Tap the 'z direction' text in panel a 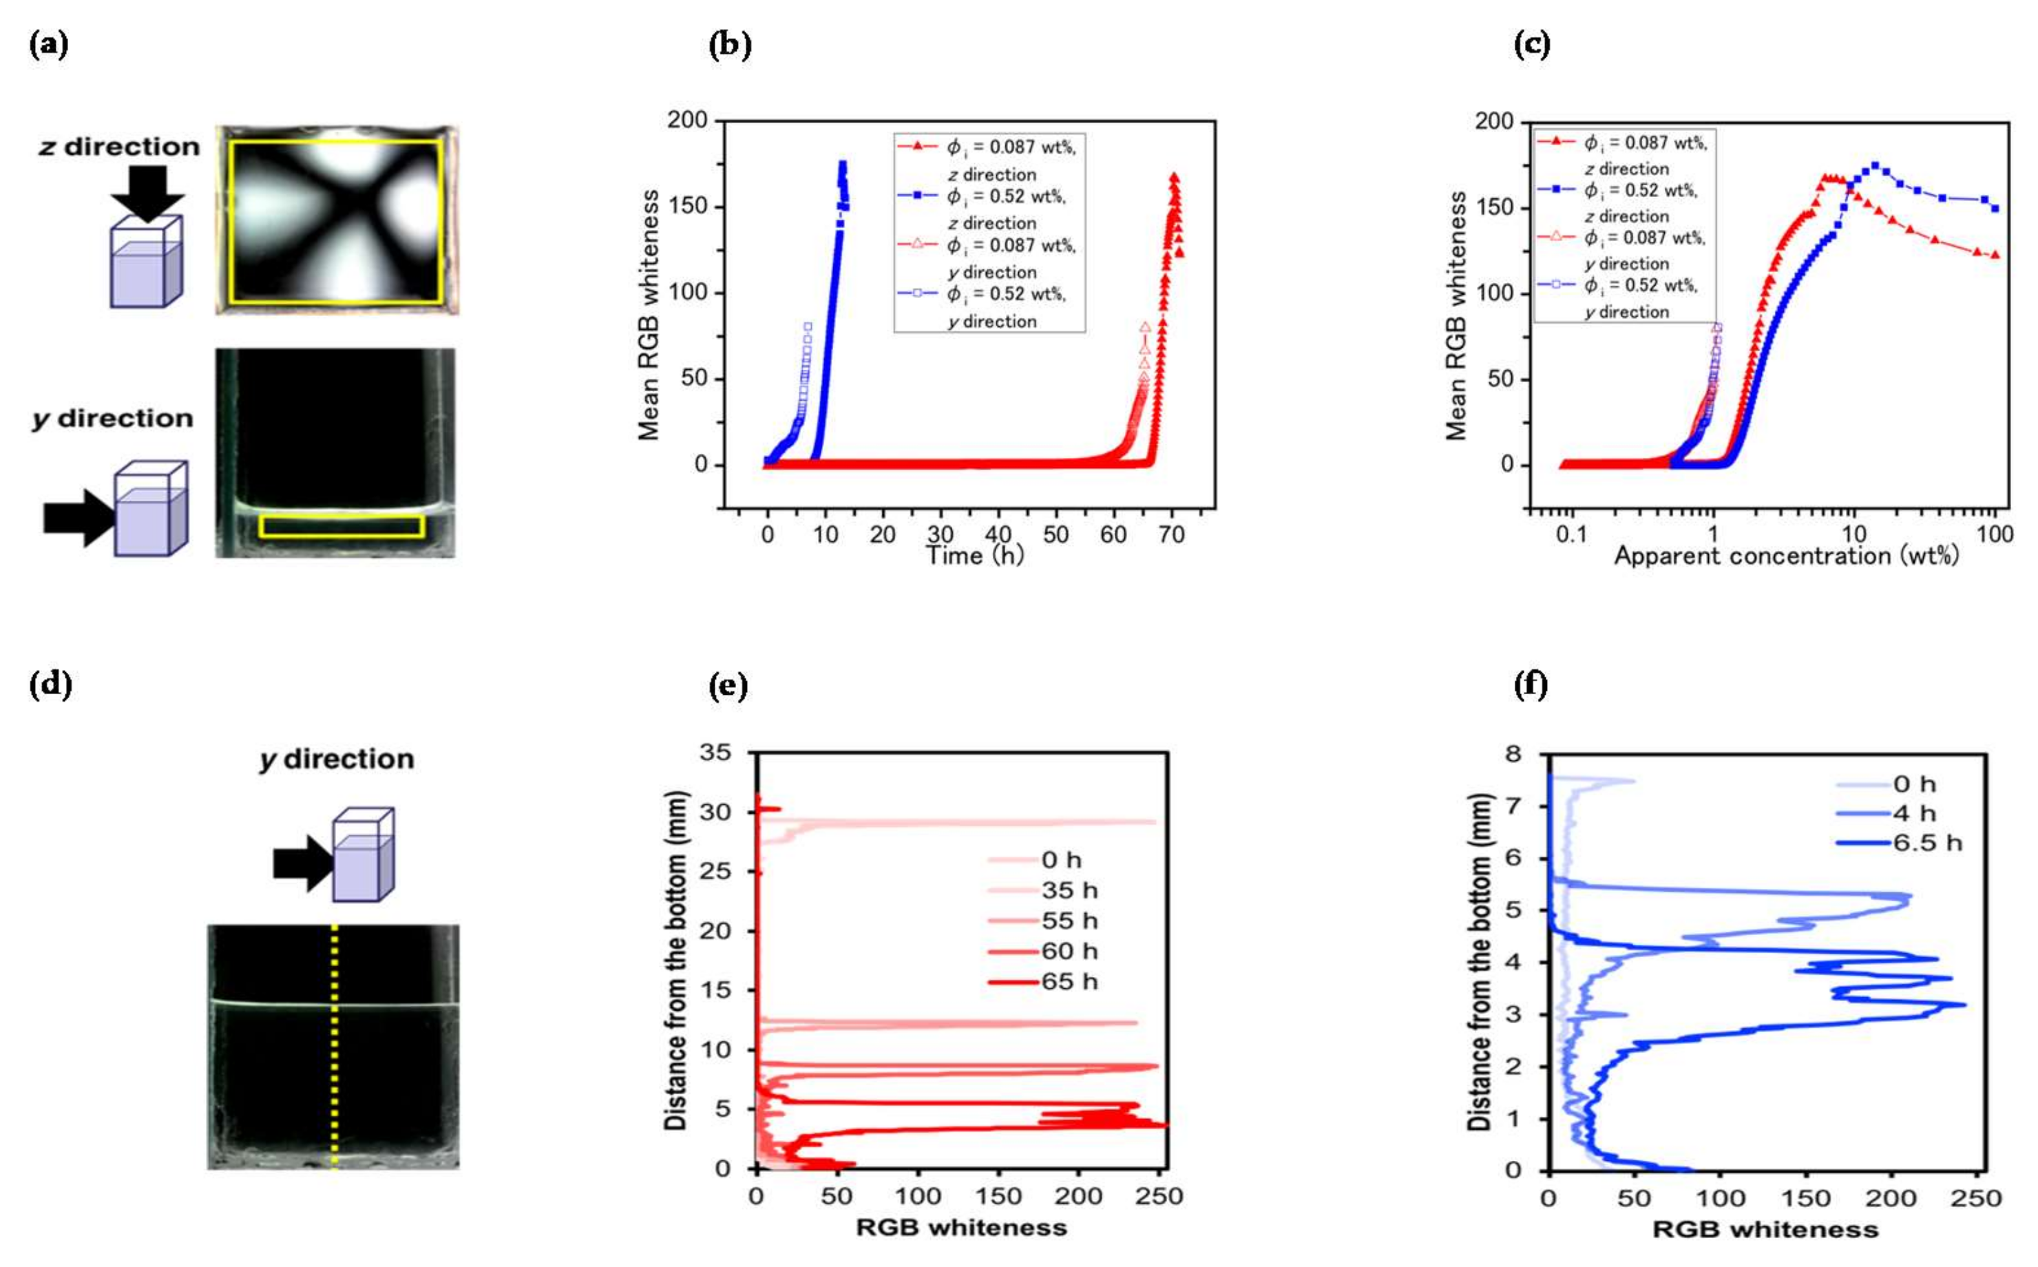pos(120,147)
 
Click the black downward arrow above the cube pos(147,193)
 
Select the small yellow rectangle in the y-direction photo pos(342,525)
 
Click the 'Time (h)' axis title pos(974,556)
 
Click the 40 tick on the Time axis pos(998,534)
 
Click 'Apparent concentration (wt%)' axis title pos(1786,556)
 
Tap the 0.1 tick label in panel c pos(1570,534)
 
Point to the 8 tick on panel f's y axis pos(1513,753)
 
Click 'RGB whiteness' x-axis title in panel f pos(1765,1229)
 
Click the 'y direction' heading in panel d pos(337,760)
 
